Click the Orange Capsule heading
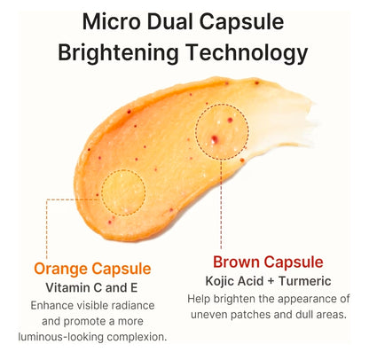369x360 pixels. pos(93,268)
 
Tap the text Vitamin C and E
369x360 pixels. pos(92,287)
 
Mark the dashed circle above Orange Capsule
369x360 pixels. pos(123,190)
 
